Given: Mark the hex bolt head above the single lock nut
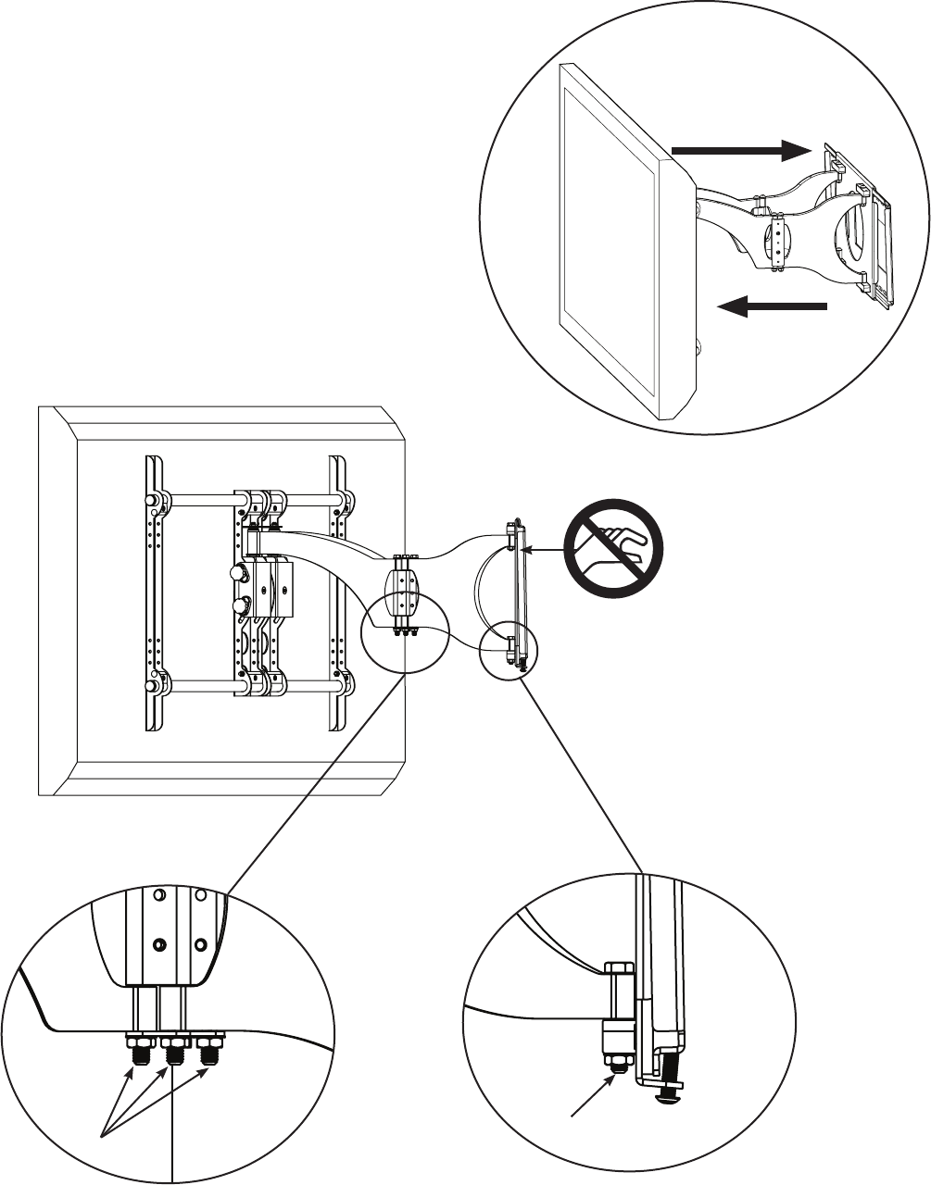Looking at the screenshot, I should click(x=617, y=973).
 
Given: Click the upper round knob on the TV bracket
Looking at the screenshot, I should click(x=239, y=573).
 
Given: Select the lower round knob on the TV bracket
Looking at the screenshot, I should click(x=241, y=605).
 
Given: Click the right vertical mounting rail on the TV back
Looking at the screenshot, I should click(x=339, y=592).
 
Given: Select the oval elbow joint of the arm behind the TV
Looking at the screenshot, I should click(x=402, y=592).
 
